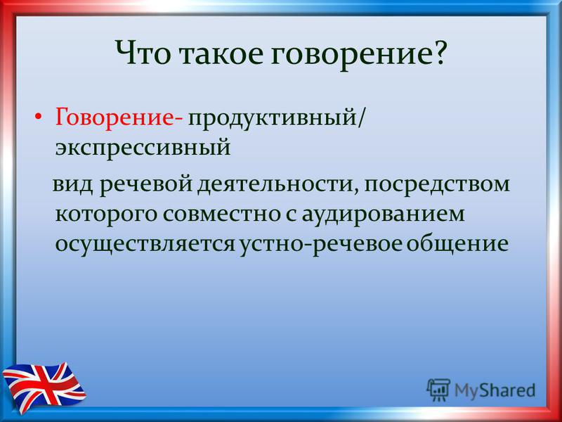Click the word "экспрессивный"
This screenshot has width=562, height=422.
tap(143, 148)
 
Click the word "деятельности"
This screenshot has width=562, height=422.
tap(277, 185)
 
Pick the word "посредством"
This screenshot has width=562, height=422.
tap(437, 185)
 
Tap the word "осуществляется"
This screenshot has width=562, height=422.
tap(145, 245)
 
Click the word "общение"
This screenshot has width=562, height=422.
tap(457, 244)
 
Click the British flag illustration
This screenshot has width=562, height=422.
tap(44, 387)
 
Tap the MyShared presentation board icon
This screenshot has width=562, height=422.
tap(438, 390)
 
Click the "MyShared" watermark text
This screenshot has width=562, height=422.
tap(495, 390)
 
